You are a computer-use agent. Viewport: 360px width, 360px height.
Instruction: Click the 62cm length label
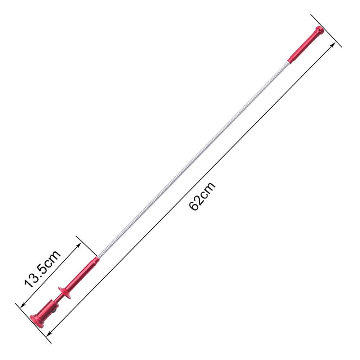202,196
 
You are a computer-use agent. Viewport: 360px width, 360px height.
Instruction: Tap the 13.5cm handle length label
42,269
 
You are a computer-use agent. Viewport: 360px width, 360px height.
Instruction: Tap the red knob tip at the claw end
319,30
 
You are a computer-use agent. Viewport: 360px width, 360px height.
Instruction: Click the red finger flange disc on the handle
64,293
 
